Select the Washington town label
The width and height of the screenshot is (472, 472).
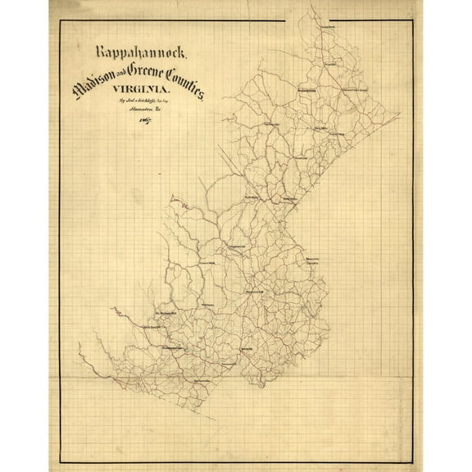pyautogui.click(x=306, y=90)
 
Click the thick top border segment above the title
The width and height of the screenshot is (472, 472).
pyautogui.click(x=164, y=20)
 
